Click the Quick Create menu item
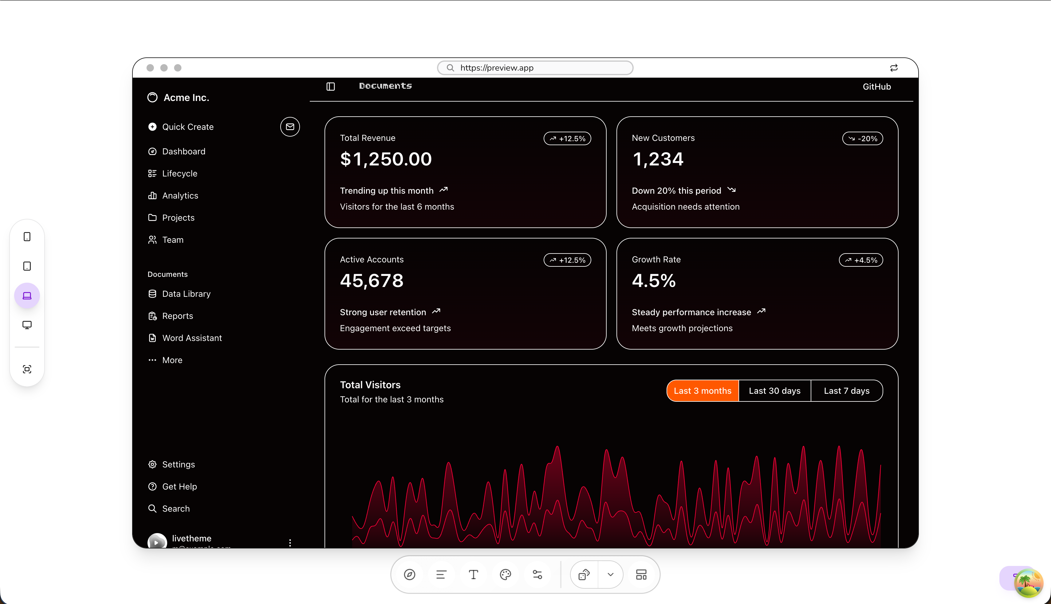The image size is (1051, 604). tap(187, 127)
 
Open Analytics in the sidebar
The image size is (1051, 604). tap(180, 196)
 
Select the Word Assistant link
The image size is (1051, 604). tap(192, 338)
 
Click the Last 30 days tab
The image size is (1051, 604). tap(774, 391)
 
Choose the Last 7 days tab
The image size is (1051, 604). tap(846, 391)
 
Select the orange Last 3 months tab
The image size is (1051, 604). tap(702, 391)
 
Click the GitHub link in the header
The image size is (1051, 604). tap(876, 87)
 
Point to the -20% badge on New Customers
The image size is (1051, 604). tap(863, 138)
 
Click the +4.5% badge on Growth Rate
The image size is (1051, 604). tap(861, 260)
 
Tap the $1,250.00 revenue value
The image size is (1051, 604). tap(386, 159)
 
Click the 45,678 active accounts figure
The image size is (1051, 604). tap(372, 281)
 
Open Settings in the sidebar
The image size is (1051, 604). tap(178, 465)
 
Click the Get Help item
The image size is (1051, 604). tap(179, 486)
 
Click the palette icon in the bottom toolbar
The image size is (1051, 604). tap(505, 575)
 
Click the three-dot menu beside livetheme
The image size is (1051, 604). tap(290, 543)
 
